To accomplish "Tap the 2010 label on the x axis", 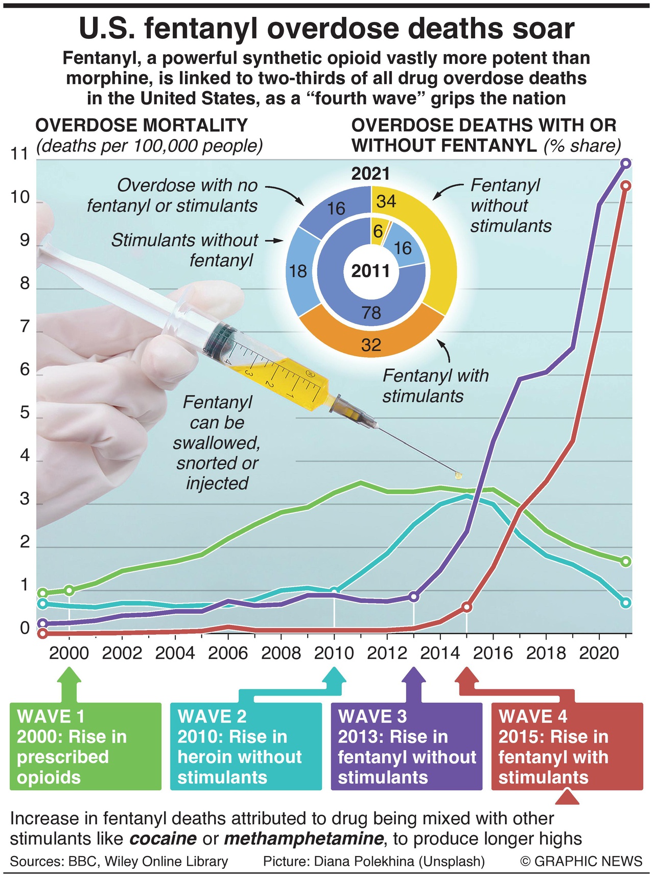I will pos(334,653).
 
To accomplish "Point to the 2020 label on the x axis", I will pos(599,653).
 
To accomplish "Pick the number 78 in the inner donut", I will pos(371,312).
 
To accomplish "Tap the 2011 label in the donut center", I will pos(371,271).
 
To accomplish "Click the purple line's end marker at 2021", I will pos(625,164).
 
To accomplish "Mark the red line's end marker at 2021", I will pos(625,186).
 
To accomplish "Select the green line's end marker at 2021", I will pos(625,561).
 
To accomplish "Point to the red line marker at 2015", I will pos(467,607).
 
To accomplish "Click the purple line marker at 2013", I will pos(413,596).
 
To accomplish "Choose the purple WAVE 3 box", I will pos(407,747).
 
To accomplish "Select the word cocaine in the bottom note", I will pos(163,839).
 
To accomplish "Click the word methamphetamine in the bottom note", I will pos(304,839).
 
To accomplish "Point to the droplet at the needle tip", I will pos(458,475).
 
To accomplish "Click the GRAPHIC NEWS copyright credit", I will pos(581,861).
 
